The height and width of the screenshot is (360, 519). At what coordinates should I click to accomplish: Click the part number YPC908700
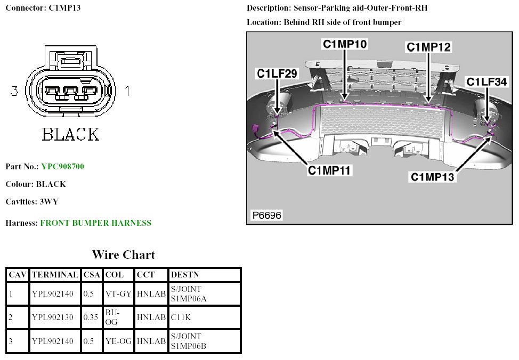(62, 167)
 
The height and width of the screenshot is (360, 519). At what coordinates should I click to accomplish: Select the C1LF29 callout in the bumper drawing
(277, 74)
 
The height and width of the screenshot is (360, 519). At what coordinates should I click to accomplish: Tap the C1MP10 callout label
(344, 44)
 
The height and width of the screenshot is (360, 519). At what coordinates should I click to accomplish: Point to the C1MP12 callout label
(428, 47)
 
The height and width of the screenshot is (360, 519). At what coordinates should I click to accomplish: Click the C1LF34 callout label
(486, 81)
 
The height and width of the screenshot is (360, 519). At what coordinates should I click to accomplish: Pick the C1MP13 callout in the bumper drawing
(432, 176)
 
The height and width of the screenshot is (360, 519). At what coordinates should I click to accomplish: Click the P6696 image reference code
(266, 216)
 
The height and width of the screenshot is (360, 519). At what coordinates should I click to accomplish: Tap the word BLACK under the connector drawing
(70, 134)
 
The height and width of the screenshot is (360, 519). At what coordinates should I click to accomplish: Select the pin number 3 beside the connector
(14, 92)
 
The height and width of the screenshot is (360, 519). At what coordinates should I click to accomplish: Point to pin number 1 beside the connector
(127, 92)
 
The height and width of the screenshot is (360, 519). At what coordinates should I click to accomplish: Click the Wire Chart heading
(123, 255)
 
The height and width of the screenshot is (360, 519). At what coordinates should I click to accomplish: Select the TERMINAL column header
(54, 275)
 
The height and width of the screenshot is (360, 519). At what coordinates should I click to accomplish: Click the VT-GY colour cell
(118, 293)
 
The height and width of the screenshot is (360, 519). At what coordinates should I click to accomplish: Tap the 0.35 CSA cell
(92, 317)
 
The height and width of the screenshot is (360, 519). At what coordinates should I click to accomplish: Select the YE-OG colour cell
(118, 341)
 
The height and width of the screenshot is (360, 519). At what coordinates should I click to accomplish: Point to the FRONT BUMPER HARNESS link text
(96, 223)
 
